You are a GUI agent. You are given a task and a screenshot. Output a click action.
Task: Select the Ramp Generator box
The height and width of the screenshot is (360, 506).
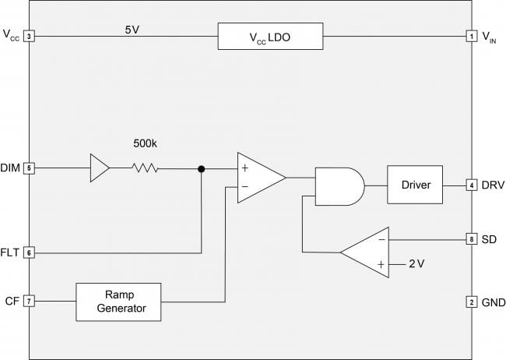click(118, 302)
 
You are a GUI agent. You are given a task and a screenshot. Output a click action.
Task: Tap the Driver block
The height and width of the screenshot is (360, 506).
click(414, 185)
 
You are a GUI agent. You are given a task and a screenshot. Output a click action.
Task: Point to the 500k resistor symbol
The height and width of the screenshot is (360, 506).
click(145, 168)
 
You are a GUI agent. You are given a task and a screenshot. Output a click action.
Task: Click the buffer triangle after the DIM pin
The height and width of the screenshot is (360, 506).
click(100, 168)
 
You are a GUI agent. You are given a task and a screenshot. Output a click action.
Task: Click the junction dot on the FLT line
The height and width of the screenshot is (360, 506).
click(202, 168)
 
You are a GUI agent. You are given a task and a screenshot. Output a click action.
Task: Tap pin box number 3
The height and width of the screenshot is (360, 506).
click(29, 36)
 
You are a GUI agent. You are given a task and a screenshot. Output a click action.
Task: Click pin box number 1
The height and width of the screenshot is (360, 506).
click(471, 36)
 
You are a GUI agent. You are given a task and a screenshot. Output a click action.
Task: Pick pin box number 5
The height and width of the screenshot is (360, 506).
click(29, 168)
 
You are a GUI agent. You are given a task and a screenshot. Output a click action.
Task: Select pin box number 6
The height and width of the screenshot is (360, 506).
click(29, 252)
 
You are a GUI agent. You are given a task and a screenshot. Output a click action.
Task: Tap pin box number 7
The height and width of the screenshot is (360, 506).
click(29, 301)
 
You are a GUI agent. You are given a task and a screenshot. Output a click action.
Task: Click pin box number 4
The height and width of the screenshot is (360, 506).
click(471, 185)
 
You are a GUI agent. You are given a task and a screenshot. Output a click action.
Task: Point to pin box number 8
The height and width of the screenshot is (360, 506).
click(471, 239)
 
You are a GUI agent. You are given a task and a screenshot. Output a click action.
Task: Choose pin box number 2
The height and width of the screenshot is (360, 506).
click(471, 302)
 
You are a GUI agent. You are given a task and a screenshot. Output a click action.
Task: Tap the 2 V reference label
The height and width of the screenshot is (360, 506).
click(416, 264)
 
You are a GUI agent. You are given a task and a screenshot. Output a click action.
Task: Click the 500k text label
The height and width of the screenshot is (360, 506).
click(145, 144)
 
